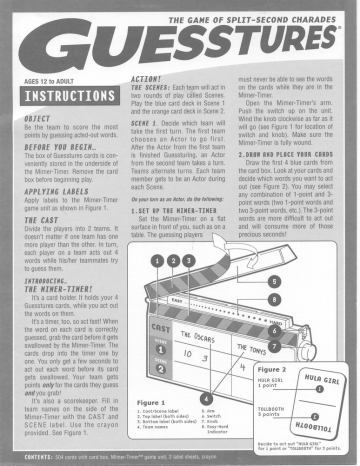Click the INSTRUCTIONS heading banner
66,102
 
